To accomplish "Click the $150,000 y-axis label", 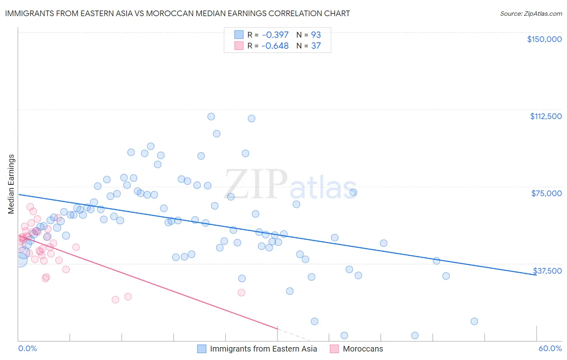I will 544,39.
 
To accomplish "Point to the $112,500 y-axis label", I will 546,116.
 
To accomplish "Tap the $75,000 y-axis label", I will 546,193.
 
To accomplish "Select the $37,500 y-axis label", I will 547,271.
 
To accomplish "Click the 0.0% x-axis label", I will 27,348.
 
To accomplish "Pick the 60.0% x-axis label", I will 550,348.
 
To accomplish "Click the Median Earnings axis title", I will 11,184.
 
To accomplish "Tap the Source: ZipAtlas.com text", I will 531,14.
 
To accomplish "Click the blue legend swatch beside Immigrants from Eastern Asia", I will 202,349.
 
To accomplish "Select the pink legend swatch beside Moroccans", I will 334,349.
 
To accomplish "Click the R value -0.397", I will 275,35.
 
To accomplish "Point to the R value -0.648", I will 275,46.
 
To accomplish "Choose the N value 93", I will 316,35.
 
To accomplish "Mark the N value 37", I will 316,46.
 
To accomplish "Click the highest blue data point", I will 211,117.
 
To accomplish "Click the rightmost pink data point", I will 242,293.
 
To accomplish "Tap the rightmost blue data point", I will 474,321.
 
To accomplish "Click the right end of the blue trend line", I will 536,275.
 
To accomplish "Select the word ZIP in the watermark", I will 256,184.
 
